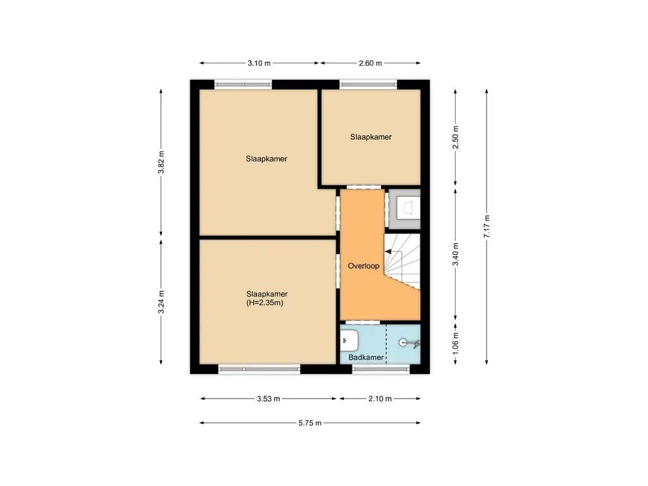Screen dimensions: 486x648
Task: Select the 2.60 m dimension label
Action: point(370,63)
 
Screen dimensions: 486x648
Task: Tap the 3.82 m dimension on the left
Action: point(161,163)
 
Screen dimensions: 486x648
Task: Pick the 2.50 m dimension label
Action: point(456,137)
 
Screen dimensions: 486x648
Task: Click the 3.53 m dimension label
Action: point(268,399)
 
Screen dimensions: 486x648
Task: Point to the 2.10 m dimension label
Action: point(380,399)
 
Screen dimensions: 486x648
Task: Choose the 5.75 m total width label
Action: point(309,423)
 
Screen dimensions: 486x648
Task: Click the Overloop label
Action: point(363,266)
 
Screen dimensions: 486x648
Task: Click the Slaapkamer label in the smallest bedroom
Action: point(371,137)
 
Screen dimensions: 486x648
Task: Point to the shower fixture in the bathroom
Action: point(408,343)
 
